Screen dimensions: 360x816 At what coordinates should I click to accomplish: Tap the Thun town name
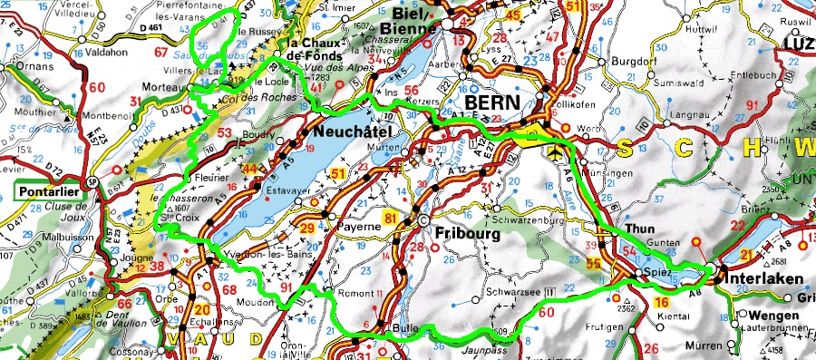tap(639, 230)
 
